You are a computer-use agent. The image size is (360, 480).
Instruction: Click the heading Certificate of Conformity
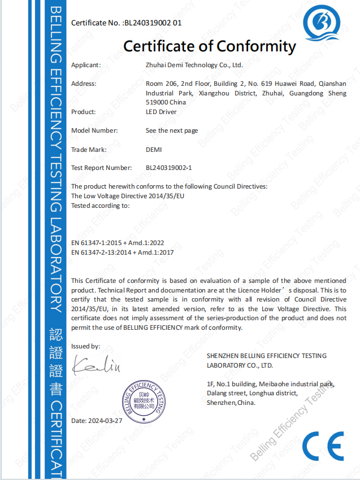click(x=210, y=46)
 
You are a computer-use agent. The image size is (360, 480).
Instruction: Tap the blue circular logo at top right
click(x=322, y=23)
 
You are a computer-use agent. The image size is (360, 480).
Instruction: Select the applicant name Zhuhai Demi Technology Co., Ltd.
click(x=194, y=65)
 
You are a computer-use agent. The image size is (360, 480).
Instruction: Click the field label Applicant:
click(x=86, y=65)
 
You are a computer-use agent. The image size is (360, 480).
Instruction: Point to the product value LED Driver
click(x=161, y=112)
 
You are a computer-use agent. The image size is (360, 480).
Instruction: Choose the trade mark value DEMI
click(x=154, y=149)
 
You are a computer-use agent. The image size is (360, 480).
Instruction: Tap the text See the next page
click(x=172, y=130)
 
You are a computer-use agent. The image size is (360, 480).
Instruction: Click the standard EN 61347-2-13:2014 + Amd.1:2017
click(x=122, y=252)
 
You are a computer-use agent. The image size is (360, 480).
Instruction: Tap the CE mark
click(x=322, y=447)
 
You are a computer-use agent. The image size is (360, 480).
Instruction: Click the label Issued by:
click(x=85, y=346)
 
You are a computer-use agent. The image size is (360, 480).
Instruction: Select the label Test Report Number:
click(x=102, y=168)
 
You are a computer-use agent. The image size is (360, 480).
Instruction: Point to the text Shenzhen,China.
click(x=231, y=403)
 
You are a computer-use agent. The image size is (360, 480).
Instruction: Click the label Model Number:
click(x=94, y=130)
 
